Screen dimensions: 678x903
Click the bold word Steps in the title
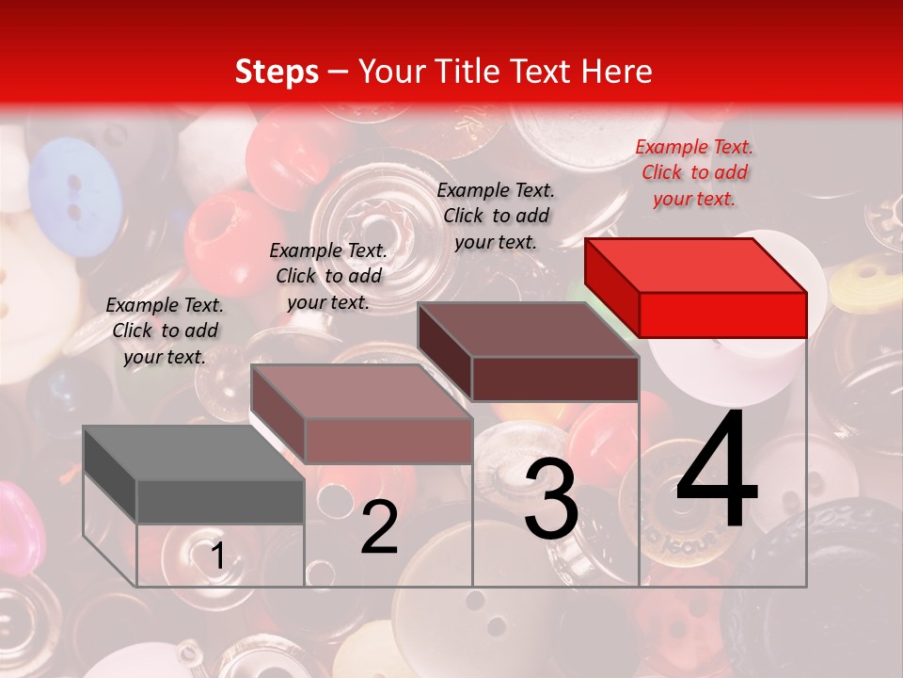coord(277,72)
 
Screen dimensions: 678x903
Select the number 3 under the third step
coord(550,500)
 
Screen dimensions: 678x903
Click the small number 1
coord(217,557)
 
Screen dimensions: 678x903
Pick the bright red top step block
coord(696,287)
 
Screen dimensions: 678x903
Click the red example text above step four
coord(694,172)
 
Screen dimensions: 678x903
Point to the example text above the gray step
coord(165,331)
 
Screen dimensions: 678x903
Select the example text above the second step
coord(328,276)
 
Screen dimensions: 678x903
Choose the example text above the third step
coord(496,216)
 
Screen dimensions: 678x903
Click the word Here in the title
coord(617,72)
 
